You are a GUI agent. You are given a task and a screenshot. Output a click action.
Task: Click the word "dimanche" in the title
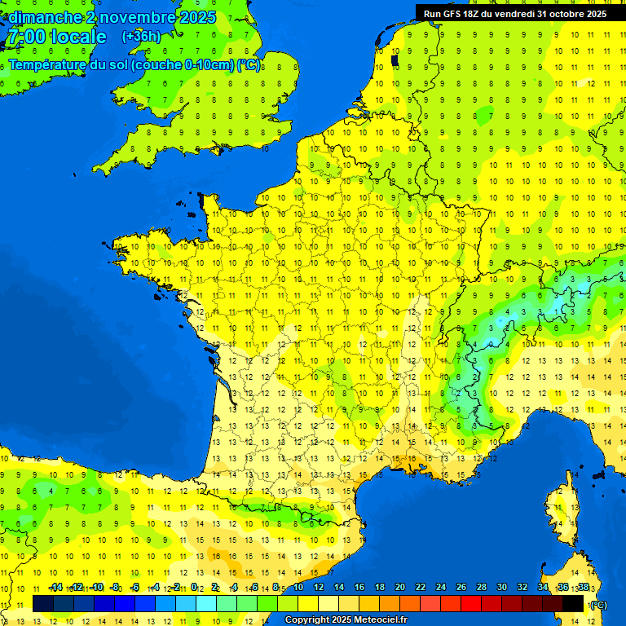pyautogui.click(x=42, y=17)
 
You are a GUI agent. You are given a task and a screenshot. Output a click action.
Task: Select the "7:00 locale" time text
pyautogui.click(x=56, y=37)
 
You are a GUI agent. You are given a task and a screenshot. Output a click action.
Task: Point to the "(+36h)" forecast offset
pyautogui.click(x=141, y=37)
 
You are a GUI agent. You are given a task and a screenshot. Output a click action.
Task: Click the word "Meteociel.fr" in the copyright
pyautogui.click(x=380, y=620)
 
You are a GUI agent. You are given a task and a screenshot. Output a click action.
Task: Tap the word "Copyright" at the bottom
pyautogui.click(x=306, y=620)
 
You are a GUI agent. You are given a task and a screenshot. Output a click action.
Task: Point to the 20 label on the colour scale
pyautogui.click(x=399, y=588)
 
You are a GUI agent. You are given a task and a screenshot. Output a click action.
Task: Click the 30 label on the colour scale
pyautogui.click(x=501, y=588)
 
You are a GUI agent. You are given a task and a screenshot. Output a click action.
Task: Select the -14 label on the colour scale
pyautogui.click(x=56, y=588)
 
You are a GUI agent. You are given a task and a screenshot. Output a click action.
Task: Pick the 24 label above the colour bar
pyautogui.click(x=440, y=588)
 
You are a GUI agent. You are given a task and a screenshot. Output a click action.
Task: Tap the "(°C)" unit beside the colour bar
pyautogui.click(x=597, y=605)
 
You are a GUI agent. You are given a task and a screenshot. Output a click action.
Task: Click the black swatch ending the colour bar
pyautogui.click(x=573, y=604)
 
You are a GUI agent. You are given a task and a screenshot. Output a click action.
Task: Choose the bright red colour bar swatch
pyautogui.click(x=471, y=604)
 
